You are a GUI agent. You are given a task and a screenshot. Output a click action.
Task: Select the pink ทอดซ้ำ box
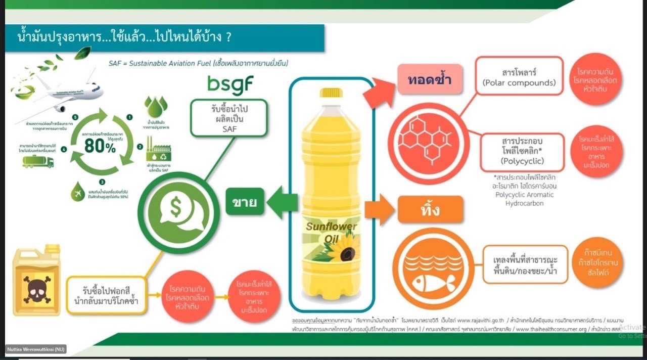[x=430, y=79]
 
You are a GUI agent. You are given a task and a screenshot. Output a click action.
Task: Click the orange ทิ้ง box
[x=430, y=209]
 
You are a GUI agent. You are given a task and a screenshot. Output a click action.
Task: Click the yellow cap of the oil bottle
[x=331, y=93]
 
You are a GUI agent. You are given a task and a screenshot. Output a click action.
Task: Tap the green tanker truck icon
[x=38, y=162]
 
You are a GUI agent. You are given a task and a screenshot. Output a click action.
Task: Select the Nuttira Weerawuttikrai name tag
[x=36, y=349]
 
